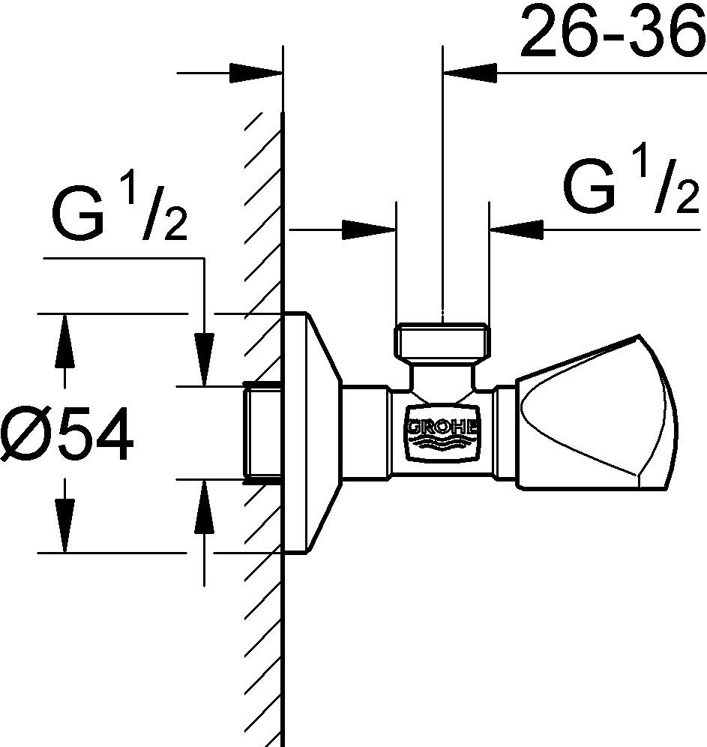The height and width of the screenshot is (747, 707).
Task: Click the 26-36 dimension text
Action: tap(613, 30)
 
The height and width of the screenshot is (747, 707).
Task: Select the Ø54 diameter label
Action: tap(67, 433)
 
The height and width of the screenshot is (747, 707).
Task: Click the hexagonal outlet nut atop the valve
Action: tap(442, 340)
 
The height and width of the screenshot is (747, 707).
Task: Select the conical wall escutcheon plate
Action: tap(313, 433)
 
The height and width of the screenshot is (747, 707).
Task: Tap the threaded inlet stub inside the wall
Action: tap(263, 433)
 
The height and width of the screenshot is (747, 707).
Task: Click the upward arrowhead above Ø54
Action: tap(64, 340)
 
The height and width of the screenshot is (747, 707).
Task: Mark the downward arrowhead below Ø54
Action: tap(64, 526)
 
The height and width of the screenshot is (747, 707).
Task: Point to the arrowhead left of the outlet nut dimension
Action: tap(369, 230)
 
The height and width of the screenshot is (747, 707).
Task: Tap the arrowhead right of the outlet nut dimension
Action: tap(517, 230)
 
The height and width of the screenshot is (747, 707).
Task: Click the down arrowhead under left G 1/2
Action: tap(204, 359)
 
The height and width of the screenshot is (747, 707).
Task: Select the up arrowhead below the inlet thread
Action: tap(204, 506)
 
